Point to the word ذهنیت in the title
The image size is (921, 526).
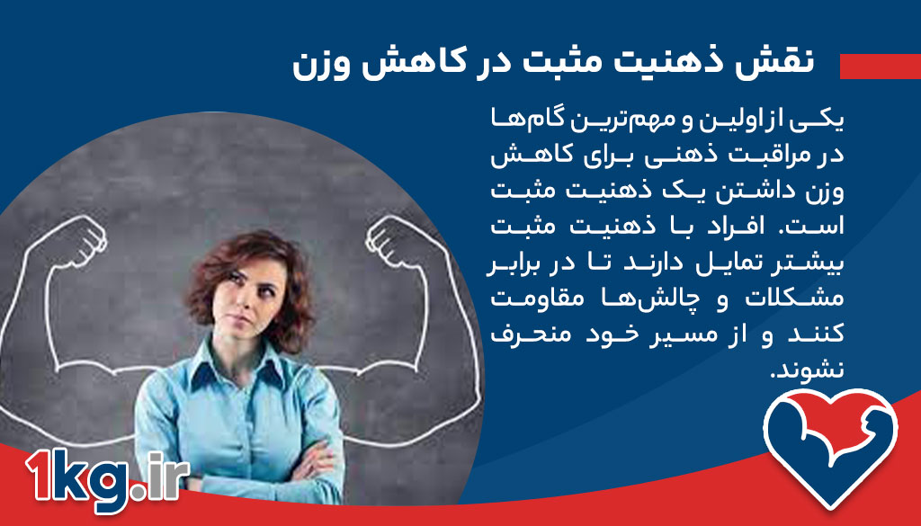(688, 65)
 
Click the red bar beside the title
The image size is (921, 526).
(880, 66)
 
